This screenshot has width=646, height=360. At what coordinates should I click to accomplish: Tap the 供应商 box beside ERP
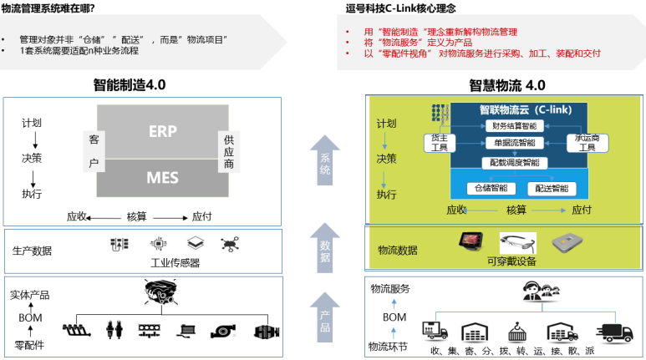tap(228, 152)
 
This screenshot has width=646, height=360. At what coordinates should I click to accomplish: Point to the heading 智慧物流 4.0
tap(506, 85)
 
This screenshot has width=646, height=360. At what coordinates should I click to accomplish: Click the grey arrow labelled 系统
tap(325, 160)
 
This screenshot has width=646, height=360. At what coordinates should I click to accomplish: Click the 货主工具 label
tap(439, 142)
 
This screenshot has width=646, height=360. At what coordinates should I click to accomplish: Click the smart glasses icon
tap(517, 243)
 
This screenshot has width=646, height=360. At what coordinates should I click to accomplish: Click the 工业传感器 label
tap(175, 262)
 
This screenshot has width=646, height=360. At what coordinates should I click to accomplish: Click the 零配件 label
tap(29, 343)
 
